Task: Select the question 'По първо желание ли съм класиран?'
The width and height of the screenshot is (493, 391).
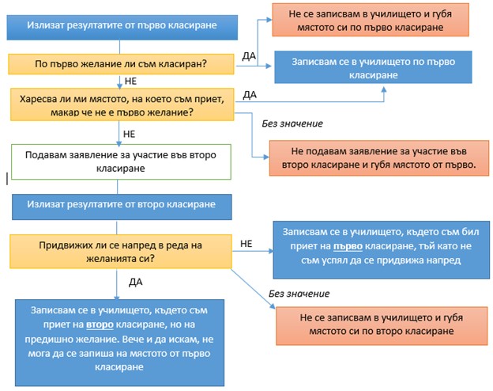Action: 121,64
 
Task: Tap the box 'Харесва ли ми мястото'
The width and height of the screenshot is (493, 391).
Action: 122,104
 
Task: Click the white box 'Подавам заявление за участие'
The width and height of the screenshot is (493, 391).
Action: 121,162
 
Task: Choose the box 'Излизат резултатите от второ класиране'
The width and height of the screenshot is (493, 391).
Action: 122,207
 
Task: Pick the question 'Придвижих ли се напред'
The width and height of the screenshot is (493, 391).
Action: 121,252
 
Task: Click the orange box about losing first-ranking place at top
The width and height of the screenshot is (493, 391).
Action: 371,20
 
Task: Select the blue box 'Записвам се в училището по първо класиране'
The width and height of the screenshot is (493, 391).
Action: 373,67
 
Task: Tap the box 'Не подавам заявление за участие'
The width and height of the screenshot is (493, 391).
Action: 379,158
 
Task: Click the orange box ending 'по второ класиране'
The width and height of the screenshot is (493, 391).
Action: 382,326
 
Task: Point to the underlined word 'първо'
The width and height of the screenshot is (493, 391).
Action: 348,246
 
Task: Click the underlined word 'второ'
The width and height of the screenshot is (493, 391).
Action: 100,325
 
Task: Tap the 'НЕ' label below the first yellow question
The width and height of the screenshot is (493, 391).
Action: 131,82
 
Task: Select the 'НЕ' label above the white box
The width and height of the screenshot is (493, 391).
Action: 130,135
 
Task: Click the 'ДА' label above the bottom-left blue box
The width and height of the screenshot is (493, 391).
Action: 136,282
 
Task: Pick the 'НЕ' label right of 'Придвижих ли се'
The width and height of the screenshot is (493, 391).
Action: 246,244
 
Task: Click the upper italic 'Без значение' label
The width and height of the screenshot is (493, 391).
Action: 292,123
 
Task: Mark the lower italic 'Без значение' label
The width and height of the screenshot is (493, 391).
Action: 299,294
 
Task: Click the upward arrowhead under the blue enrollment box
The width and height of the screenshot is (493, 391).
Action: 384,89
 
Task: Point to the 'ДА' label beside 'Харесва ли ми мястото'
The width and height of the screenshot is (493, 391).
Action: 250,94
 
